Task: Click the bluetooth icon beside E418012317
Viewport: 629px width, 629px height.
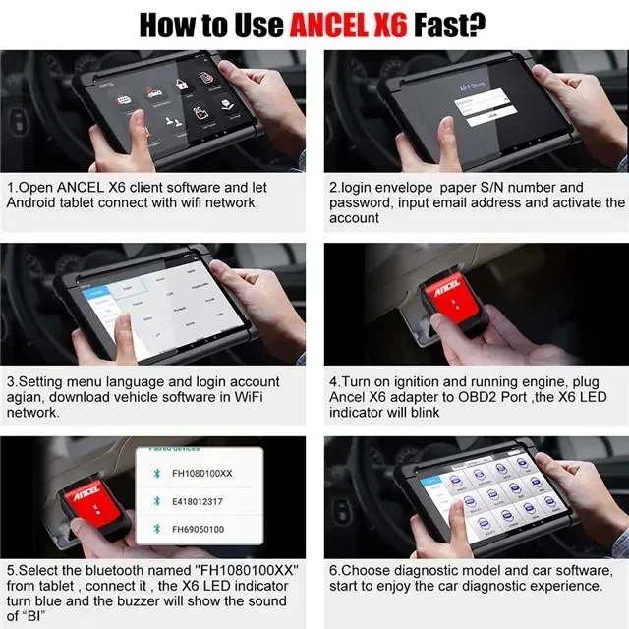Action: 154,500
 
